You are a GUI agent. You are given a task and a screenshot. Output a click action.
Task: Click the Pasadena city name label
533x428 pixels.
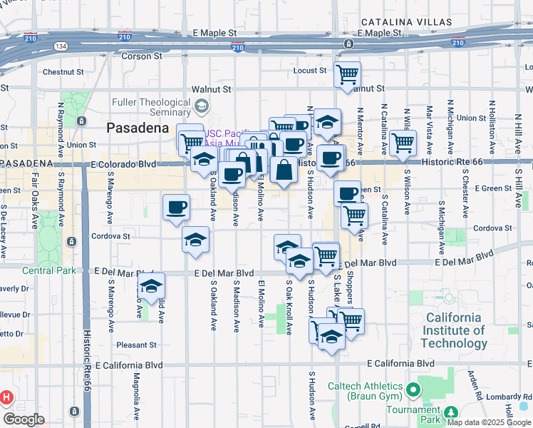(x=138, y=128)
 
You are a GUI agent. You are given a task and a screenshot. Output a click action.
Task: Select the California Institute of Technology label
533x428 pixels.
(x=454, y=330)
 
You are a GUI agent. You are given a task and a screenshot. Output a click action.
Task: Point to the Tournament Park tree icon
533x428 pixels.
(x=450, y=413)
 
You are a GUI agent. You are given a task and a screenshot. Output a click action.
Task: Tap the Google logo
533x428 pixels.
(x=24, y=419)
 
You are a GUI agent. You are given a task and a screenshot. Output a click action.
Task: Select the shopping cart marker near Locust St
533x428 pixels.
(x=347, y=73)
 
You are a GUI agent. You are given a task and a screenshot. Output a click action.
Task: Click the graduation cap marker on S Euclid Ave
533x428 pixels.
(x=151, y=287)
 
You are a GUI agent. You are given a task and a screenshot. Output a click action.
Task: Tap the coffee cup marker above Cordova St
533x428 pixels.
(x=176, y=208)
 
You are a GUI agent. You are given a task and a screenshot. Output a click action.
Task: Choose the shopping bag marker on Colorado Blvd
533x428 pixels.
(x=284, y=170)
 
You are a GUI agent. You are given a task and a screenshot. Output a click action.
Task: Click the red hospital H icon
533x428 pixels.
(x=6, y=397)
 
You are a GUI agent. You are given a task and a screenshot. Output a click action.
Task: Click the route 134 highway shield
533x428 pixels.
(x=61, y=46)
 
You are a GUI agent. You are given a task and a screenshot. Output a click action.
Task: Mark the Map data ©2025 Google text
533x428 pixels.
(x=488, y=422)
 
